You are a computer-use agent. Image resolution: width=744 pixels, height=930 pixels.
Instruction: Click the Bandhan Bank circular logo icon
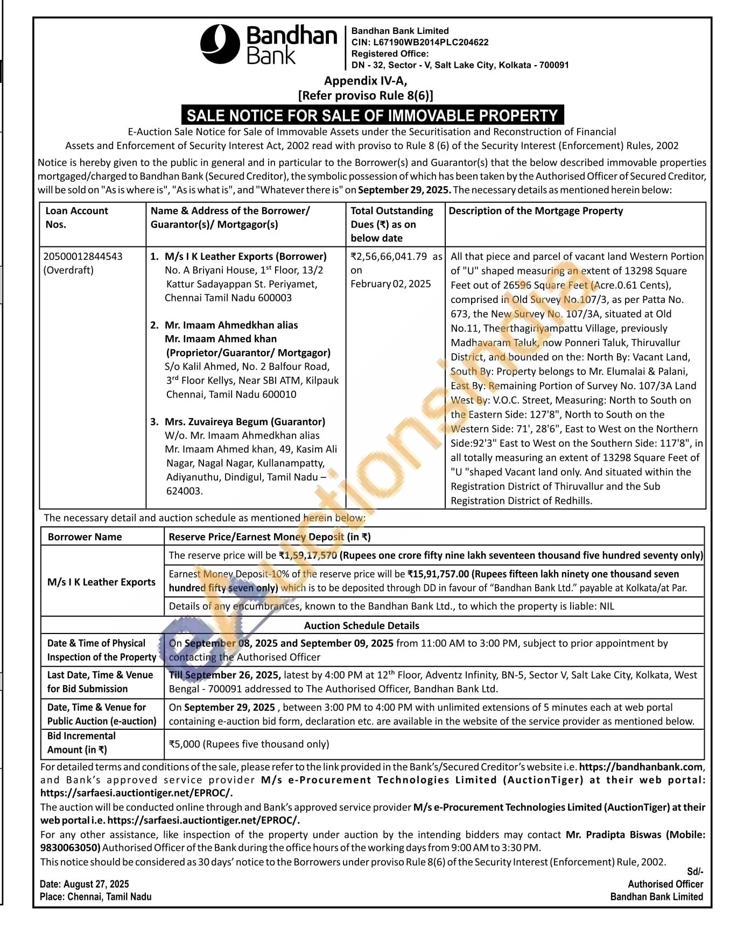(220, 44)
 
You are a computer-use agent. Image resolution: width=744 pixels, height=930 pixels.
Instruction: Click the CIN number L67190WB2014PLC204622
(420, 42)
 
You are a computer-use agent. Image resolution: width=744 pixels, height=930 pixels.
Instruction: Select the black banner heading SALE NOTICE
(373, 115)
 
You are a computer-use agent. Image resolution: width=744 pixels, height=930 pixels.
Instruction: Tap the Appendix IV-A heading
(366, 81)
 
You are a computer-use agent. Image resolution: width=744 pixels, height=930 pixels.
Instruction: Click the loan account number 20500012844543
(83, 256)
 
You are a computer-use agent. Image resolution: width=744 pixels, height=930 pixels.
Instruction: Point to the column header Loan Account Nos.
(76, 217)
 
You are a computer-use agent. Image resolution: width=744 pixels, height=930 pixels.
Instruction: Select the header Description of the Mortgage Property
(536, 211)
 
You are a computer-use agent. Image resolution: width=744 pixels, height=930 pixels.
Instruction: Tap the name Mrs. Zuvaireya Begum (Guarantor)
(245, 421)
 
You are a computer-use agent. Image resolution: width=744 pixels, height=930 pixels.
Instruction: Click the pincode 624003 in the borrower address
(184, 491)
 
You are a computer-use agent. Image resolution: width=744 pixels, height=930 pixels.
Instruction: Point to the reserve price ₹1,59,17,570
(308, 555)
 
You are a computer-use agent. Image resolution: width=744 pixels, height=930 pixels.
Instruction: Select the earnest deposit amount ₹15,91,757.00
(438, 574)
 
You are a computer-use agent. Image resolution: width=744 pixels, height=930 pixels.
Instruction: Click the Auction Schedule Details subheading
(361, 625)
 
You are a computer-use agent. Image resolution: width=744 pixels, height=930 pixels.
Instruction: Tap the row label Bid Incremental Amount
(81, 743)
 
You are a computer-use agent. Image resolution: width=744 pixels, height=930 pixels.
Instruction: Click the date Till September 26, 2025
(224, 675)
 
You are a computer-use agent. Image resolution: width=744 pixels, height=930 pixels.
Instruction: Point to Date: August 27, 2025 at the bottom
(85, 884)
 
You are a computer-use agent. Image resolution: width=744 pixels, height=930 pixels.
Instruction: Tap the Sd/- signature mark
(695, 871)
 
